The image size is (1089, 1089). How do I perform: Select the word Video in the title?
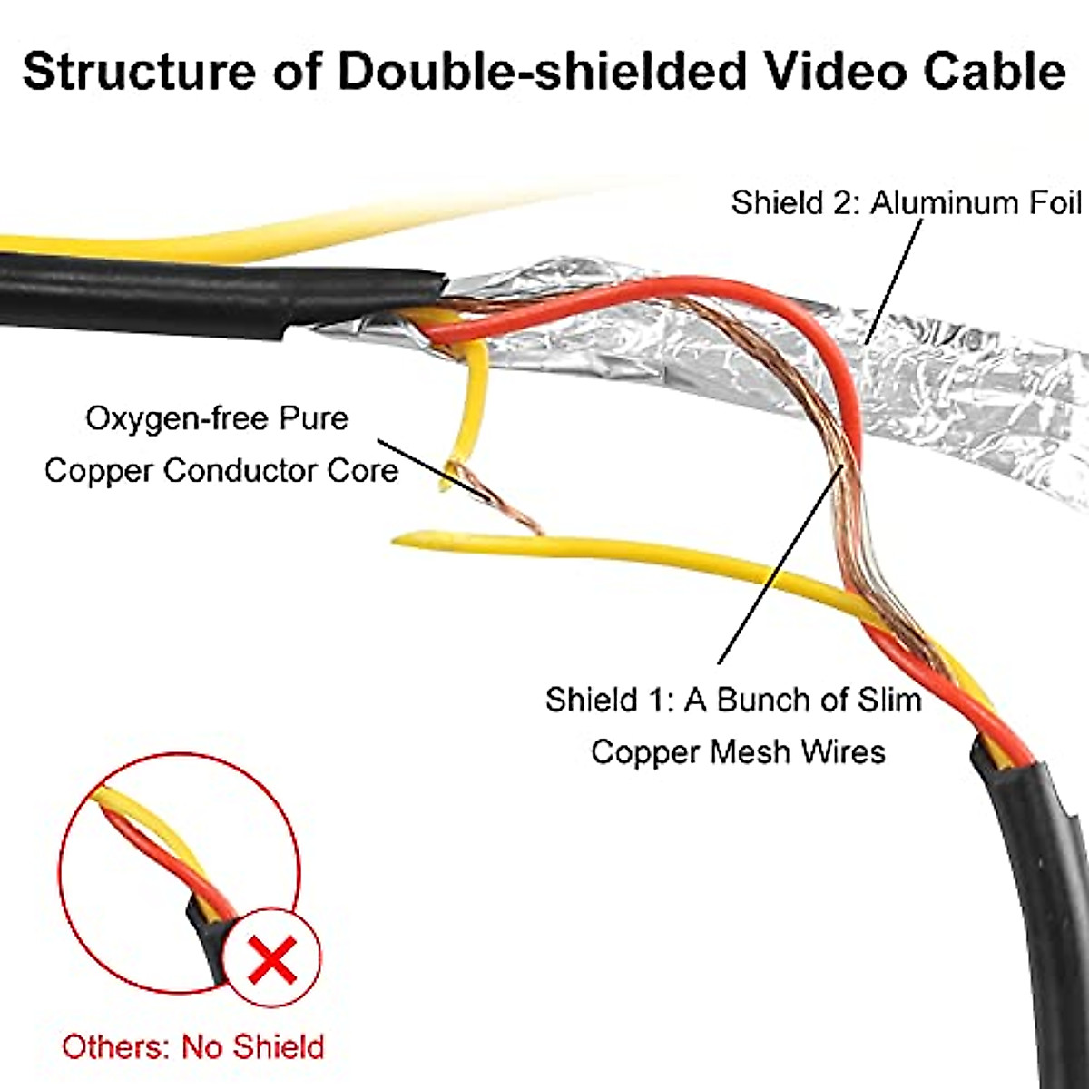click(832, 71)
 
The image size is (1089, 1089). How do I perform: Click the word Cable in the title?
click(995, 71)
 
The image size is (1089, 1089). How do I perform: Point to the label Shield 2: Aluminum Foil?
click(906, 202)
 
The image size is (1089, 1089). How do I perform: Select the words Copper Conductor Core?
click(221, 471)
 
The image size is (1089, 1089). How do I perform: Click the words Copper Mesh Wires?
click(738, 751)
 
